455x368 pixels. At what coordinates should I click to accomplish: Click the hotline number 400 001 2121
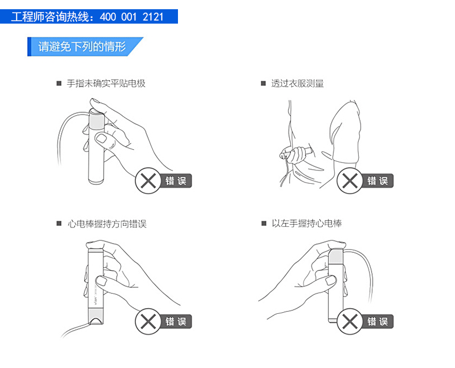[132, 17]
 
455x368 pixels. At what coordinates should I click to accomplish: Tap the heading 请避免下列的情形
[82, 47]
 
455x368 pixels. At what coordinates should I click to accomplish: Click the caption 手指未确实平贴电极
[106, 84]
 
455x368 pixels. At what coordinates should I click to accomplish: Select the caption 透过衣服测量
[297, 84]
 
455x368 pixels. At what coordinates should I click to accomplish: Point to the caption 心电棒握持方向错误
[107, 224]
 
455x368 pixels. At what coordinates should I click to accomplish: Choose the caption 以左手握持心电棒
[307, 223]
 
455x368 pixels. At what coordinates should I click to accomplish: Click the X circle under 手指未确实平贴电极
[148, 180]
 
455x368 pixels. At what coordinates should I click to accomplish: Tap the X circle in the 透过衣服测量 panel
[350, 180]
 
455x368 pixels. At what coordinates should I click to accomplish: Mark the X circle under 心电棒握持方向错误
[148, 321]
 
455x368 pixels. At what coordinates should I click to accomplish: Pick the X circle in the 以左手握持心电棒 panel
[350, 321]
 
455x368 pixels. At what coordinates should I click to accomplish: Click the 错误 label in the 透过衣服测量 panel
[377, 181]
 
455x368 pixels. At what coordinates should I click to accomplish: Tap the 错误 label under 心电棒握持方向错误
[176, 321]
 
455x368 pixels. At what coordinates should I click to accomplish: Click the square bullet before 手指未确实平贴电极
[59, 84]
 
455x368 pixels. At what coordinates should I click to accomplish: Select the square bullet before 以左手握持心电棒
[263, 223]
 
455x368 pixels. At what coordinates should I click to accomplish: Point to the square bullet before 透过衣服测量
[263, 84]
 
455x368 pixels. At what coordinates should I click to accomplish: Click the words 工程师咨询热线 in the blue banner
[50, 17]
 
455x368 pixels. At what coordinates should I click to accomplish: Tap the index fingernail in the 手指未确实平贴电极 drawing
[101, 138]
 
